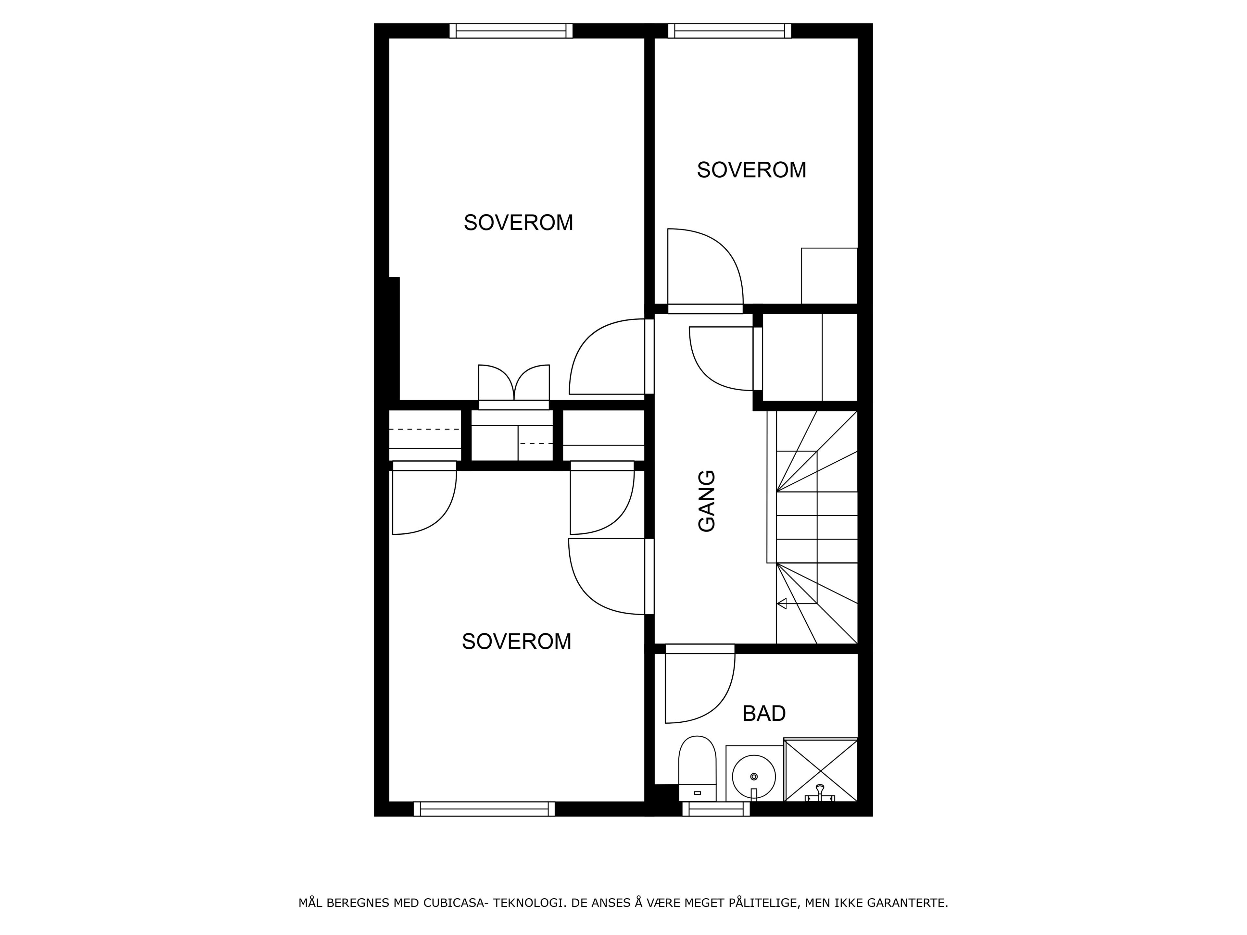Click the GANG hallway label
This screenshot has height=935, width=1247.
coord(706,501)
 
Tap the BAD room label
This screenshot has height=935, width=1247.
coord(764,714)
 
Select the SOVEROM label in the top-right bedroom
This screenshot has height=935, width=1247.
coord(751,170)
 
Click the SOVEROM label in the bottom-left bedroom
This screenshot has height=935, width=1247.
coord(516,642)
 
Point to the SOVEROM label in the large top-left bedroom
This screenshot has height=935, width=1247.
coord(518,223)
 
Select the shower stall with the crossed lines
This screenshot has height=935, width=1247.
coord(821,769)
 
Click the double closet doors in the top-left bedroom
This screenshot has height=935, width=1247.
coord(513,383)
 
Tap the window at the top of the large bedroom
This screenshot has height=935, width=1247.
coord(511,31)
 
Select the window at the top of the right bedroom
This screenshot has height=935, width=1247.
coord(729,31)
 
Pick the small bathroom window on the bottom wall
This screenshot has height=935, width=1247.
coord(716,809)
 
